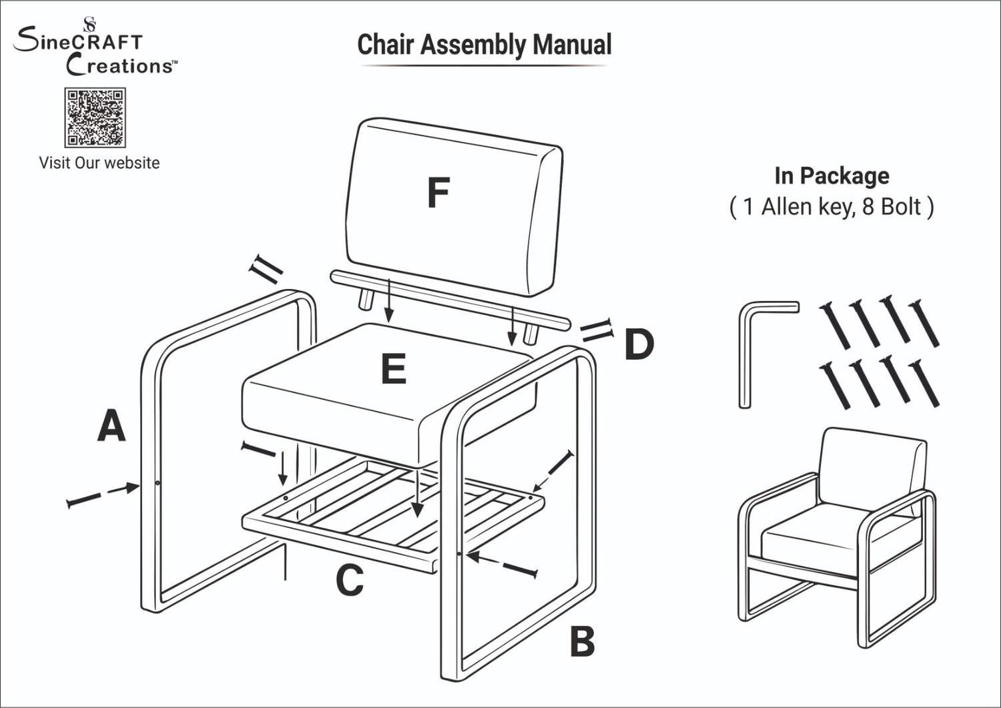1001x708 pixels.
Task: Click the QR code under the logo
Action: pyautogui.click(x=95, y=117)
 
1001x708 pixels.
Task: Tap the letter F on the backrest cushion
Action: pyautogui.click(x=438, y=193)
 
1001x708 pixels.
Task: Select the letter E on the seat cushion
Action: pyautogui.click(x=394, y=369)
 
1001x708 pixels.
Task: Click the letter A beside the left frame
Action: pyautogui.click(x=111, y=426)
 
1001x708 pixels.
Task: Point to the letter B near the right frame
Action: pyautogui.click(x=582, y=642)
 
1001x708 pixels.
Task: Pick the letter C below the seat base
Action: pyautogui.click(x=350, y=581)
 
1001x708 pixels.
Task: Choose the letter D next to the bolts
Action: pyautogui.click(x=639, y=345)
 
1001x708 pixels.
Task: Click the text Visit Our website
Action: pyautogui.click(x=99, y=163)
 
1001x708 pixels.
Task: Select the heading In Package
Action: pyautogui.click(x=831, y=175)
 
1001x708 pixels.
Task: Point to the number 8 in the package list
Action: pyautogui.click(x=868, y=207)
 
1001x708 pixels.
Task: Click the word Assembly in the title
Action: pyautogui.click(x=473, y=45)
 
